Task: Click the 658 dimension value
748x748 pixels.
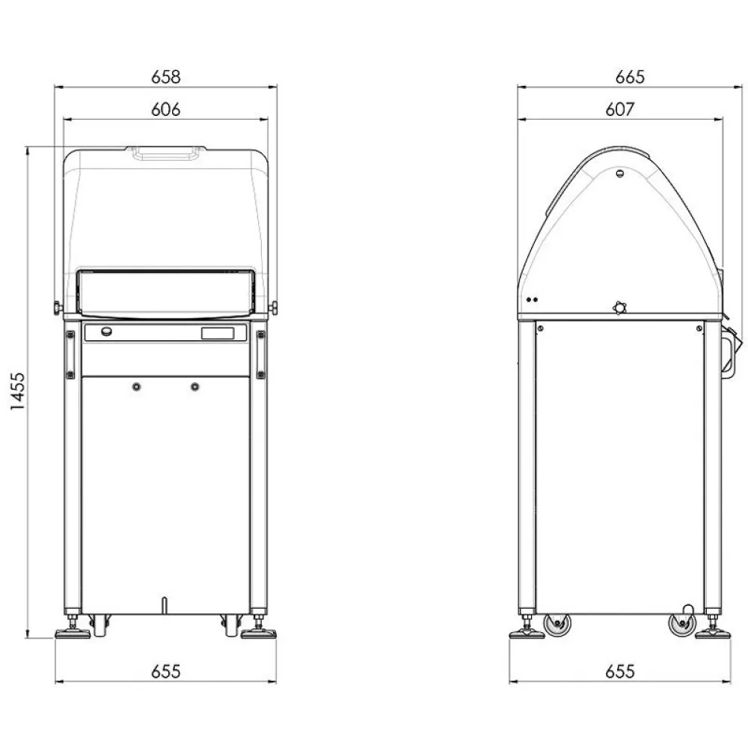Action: coord(165,76)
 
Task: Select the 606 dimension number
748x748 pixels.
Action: coord(165,109)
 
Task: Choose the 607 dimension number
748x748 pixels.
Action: coord(619,109)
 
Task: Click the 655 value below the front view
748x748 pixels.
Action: coord(165,671)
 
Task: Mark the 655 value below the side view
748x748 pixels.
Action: coord(619,671)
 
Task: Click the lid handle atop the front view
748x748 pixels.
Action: coord(165,153)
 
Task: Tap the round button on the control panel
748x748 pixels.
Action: coord(107,332)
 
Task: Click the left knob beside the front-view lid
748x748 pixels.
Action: coord(57,307)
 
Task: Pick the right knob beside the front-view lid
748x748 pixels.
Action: coord(273,307)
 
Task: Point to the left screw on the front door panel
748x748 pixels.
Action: coord(135,387)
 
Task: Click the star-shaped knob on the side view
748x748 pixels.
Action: coord(618,307)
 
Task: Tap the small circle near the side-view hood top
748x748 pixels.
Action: coord(619,174)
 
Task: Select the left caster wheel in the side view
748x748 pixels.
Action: coord(557,624)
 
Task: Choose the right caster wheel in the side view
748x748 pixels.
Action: coord(681,624)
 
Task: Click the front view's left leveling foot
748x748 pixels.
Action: coord(73,633)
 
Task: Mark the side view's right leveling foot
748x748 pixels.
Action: coord(712,633)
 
